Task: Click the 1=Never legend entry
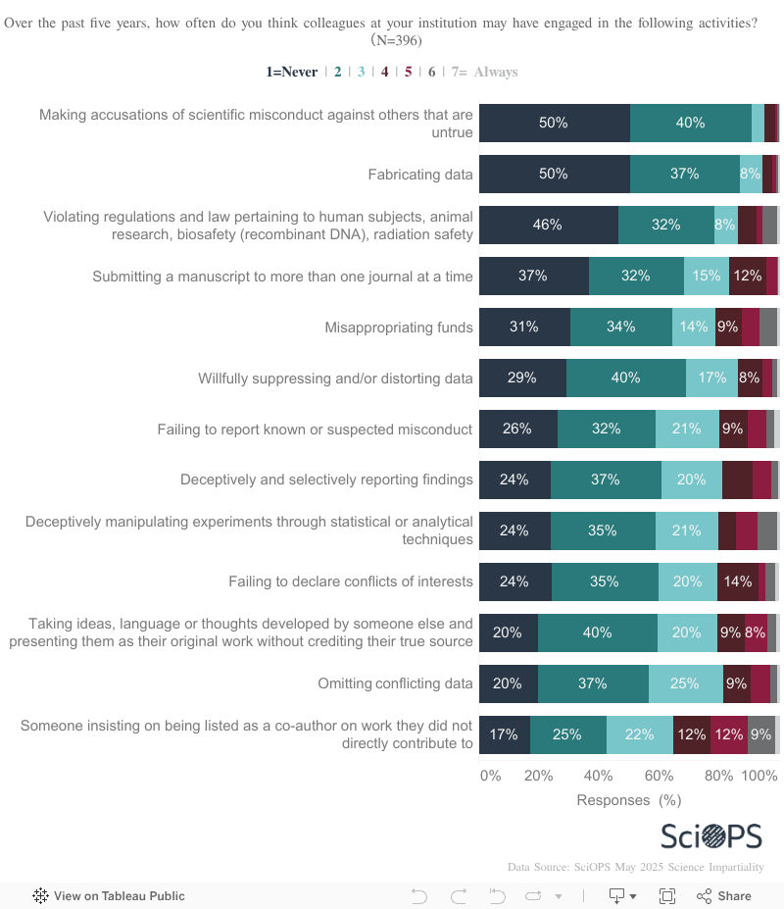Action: pyautogui.click(x=292, y=72)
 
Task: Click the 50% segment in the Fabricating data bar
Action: pyautogui.click(x=554, y=174)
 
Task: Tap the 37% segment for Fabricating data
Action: pyautogui.click(x=684, y=174)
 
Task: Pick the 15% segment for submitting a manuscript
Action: pyautogui.click(x=707, y=276)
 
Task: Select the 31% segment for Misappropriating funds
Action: pyautogui.click(x=524, y=327)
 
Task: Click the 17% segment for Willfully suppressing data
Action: pyautogui.click(x=711, y=378)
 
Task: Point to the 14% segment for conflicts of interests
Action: pyautogui.click(x=737, y=581)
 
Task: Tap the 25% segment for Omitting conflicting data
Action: pyautogui.click(x=685, y=683)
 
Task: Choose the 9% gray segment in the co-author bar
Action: pyautogui.click(x=760, y=734)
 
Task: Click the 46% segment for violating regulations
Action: pyautogui.click(x=548, y=225)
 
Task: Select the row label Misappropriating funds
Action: pyautogui.click(x=399, y=328)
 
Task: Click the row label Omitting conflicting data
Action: pyautogui.click(x=395, y=683)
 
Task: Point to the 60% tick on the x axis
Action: pyautogui.click(x=659, y=776)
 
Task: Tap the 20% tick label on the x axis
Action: pyautogui.click(x=538, y=776)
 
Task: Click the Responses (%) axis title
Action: pyautogui.click(x=628, y=800)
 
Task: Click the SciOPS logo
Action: pyautogui.click(x=710, y=835)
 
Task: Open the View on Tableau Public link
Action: pyautogui.click(x=109, y=895)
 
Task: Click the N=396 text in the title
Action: pyautogui.click(x=396, y=41)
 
